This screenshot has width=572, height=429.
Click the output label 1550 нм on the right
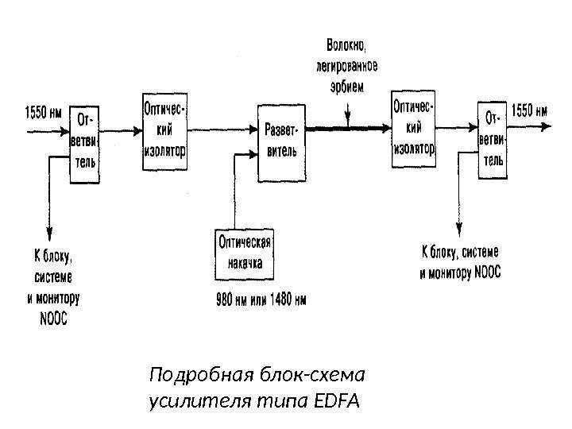(528, 110)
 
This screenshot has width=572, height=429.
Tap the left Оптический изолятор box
(164, 126)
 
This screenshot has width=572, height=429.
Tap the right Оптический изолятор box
(414, 127)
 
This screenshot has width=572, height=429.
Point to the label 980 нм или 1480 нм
(261, 300)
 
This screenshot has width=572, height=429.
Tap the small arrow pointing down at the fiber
(347, 119)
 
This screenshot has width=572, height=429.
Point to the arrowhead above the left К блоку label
(50, 230)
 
